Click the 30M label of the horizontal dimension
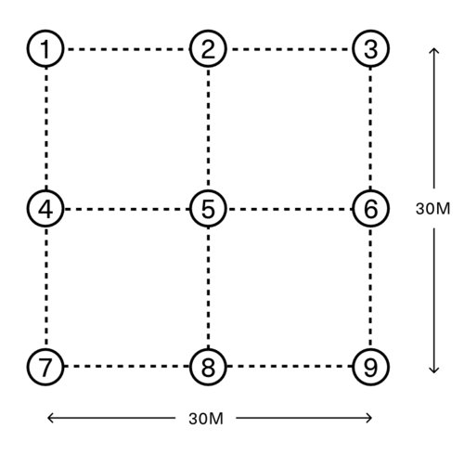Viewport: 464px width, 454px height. point(206,419)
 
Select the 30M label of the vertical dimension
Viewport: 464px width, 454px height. point(432,209)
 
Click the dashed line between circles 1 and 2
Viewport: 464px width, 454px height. point(127,49)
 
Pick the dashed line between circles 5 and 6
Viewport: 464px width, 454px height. point(290,209)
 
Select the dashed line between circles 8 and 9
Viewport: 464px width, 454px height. point(290,366)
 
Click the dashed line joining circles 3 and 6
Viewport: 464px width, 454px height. point(370,129)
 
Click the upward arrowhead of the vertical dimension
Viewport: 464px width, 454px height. point(434,50)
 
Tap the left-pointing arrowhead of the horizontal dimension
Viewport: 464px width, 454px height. point(50,418)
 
